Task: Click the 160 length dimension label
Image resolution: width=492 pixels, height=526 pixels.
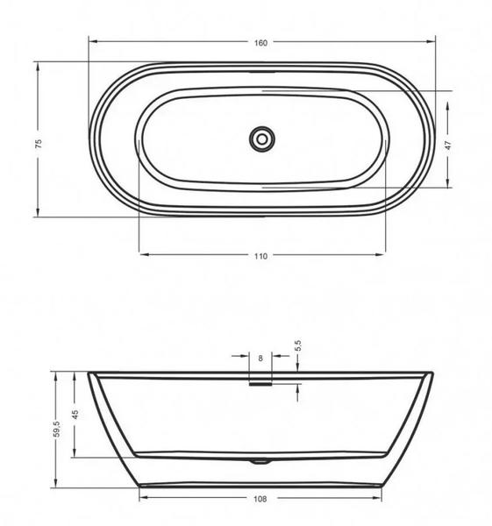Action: point(260,43)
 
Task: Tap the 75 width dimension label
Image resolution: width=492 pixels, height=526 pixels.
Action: point(39,144)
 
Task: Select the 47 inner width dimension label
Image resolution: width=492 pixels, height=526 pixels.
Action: point(448,146)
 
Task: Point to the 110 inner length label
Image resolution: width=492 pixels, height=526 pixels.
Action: point(260,256)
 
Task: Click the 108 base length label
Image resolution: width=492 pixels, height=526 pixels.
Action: point(260,499)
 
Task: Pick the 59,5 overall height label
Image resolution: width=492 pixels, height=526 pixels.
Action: point(57,429)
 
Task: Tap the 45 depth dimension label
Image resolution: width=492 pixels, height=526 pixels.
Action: point(75,415)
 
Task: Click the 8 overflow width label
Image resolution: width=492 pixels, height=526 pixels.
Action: point(260,359)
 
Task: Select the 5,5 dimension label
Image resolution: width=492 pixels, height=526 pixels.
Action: point(298,345)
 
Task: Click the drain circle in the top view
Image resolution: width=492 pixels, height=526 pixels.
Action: point(262,139)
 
